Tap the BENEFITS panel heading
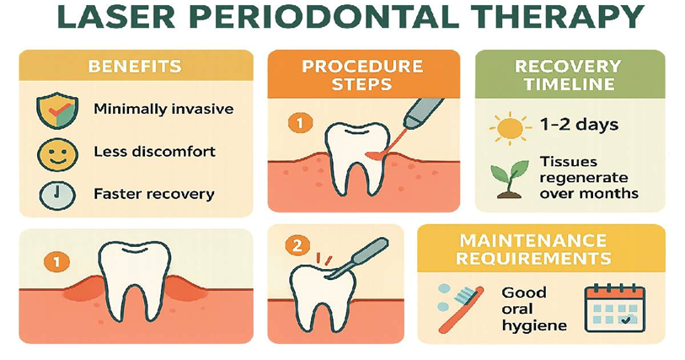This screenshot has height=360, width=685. point(135,66)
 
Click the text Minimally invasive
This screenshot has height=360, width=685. point(163,109)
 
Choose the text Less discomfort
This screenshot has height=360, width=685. point(155,153)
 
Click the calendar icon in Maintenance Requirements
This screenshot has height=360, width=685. point(613,308)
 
